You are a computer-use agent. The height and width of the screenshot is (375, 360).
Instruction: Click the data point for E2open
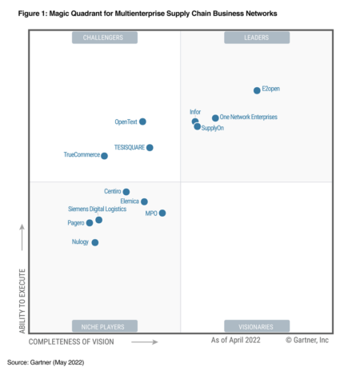point(257,90)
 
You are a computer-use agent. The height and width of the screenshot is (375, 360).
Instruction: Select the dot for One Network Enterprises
point(215,118)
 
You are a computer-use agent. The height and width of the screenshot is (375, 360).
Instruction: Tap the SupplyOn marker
point(197,126)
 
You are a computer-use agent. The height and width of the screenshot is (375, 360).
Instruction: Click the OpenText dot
point(142,122)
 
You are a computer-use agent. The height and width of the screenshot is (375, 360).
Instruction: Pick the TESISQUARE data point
point(150,147)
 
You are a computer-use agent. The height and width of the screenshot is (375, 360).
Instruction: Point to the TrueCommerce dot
point(105,156)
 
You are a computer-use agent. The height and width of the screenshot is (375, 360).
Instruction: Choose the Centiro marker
point(126,192)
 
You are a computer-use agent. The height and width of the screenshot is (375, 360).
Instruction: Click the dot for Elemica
point(144,201)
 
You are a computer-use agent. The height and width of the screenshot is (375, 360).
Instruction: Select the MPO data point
point(162,213)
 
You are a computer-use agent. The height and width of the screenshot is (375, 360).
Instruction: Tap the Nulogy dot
point(95,242)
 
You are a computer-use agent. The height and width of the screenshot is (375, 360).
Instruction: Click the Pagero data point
point(90,223)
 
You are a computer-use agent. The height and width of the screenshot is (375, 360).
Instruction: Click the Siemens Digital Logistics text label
point(97,209)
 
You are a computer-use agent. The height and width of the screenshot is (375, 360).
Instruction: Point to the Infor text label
point(195,112)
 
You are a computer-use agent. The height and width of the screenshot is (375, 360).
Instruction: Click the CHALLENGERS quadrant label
point(104,38)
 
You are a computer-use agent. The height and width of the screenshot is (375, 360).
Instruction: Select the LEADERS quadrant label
point(257,38)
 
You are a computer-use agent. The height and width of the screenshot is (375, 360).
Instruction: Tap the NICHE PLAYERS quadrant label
point(104,326)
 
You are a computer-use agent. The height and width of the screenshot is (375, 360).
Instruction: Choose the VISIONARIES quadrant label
point(257,326)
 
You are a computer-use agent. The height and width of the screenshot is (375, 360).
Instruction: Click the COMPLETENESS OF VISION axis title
point(71,341)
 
